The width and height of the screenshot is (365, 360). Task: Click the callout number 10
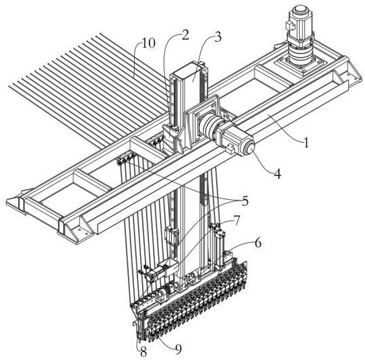(x=148, y=43)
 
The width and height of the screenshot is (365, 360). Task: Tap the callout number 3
(x=218, y=37)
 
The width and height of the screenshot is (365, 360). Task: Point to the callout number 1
(x=306, y=143)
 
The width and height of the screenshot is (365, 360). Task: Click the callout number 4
(x=277, y=174)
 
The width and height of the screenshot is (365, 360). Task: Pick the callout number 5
(x=245, y=201)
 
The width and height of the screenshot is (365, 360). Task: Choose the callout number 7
(x=236, y=221)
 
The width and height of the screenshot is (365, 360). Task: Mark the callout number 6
(x=258, y=243)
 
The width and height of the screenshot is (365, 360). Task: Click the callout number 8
(x=143, y=352)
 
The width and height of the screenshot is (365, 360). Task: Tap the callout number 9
(x=178, y=349)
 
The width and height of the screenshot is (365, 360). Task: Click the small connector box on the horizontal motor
(x=230, y=148)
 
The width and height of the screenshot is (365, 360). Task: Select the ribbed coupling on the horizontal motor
(x=207, y=125)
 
